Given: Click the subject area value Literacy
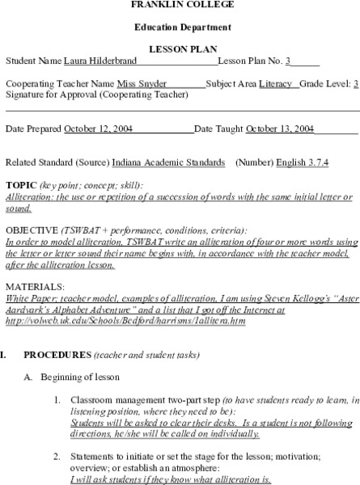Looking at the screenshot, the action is click(276, 84).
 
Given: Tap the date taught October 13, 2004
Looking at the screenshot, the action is click(280, 129).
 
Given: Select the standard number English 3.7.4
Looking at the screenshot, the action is click(302, 162).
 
